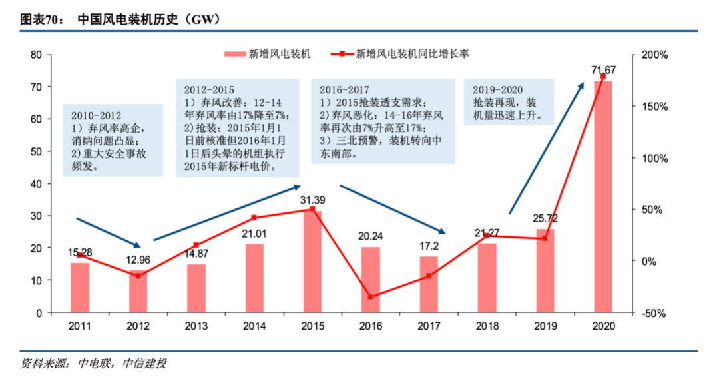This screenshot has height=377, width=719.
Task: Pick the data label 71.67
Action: click(603, 69)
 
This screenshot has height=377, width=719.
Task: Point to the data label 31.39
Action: click(312, 200)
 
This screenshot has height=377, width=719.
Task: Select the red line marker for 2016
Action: click(371, 297)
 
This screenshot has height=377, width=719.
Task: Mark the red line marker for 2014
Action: click(254, 218)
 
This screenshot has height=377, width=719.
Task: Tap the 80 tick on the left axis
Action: click(37, 55)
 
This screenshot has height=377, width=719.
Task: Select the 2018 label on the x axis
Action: click(487, 326)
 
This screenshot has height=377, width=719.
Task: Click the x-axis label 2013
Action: click(196, 326)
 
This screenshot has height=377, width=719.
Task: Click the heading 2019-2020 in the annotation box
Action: click(497, 89)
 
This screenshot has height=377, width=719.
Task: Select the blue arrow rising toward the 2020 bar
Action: click(546, 149)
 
